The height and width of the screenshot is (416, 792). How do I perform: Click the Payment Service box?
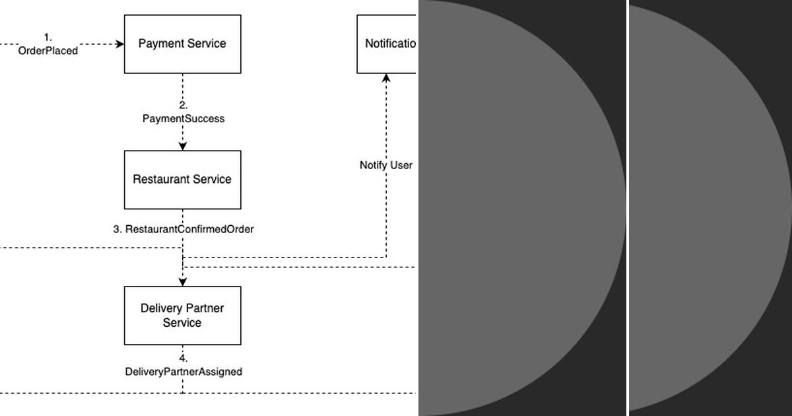pos(183,44)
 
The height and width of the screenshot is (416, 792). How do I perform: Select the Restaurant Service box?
pos(183,180)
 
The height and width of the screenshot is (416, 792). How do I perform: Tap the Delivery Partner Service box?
pos(183,316)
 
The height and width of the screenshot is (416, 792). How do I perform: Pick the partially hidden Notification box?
pos(387,44)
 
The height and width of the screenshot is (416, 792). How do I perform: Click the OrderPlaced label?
pos(48,51)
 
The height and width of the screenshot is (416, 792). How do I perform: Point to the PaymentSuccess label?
pos(183,119)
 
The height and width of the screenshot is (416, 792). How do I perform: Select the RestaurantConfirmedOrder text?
pos(189,229)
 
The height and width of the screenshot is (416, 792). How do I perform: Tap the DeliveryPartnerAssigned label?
pos(183,372)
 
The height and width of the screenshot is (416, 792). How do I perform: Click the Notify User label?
pos(386,165)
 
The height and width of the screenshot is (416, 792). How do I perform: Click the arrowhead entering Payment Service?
pos(120,44)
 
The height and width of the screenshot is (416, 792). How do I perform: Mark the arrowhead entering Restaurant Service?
pos(183,146)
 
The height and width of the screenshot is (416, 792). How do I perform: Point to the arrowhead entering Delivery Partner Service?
pos(183,282)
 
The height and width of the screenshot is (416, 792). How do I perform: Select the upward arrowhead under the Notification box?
pos(386,78)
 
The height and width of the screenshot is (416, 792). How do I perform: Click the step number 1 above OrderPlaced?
pos(47,38)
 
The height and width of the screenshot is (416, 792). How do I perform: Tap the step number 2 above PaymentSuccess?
pos(183,106)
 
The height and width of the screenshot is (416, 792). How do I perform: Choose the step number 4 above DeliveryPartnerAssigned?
pos(183,359)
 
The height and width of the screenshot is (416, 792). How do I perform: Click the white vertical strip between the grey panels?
pos(628,208)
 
